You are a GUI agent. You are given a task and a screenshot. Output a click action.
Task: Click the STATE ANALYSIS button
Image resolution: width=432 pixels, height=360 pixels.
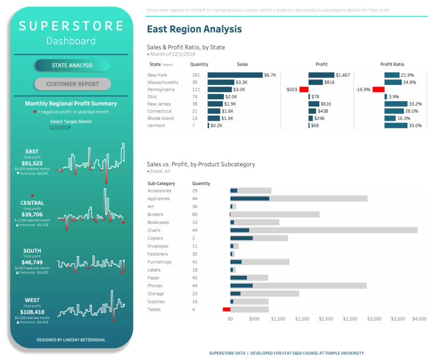[72, 66]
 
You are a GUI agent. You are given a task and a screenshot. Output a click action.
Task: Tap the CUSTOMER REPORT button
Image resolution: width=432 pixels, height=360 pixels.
[72, 84]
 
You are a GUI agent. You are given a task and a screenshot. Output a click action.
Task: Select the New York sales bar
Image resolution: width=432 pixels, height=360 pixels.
[235, 75]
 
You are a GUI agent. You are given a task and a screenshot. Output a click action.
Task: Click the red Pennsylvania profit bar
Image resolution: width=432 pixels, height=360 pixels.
[304, 90]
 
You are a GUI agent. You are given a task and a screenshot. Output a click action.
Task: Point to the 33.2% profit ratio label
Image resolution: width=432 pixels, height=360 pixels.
[415, 104]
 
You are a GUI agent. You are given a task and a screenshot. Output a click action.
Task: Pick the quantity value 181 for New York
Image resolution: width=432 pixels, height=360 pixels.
[196, 75]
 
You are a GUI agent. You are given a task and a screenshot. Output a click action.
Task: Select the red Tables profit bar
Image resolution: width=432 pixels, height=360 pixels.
[226, 309]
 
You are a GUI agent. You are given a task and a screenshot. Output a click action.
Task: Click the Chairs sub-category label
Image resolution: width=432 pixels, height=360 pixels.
[154, 230]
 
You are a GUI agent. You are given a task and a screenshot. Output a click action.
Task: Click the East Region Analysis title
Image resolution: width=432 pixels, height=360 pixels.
[194, 30]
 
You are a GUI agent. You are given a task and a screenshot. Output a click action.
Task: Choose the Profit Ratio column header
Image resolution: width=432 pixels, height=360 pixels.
[393, 64]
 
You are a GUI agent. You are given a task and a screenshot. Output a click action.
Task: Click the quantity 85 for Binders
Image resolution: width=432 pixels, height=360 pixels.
[195, 214]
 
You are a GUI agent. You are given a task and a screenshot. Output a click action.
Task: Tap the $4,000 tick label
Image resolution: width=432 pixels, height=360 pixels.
[419, 319]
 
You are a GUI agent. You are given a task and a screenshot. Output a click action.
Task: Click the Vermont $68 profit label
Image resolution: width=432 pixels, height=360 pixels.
[315, 125]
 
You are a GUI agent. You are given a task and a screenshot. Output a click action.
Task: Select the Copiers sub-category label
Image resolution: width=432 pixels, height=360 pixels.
[156, 238]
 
